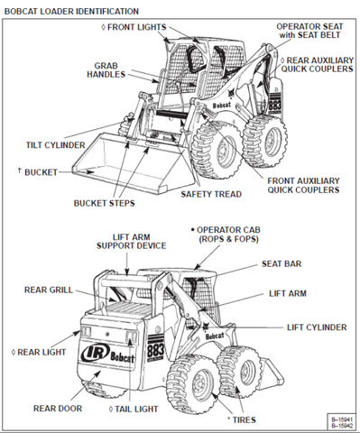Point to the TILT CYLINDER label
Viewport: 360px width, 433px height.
(55, 144)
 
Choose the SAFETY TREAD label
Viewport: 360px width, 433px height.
(209, 193)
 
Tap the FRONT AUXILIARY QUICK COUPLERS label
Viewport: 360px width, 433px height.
(303, 184)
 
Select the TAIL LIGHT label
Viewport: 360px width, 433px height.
(139, 409)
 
